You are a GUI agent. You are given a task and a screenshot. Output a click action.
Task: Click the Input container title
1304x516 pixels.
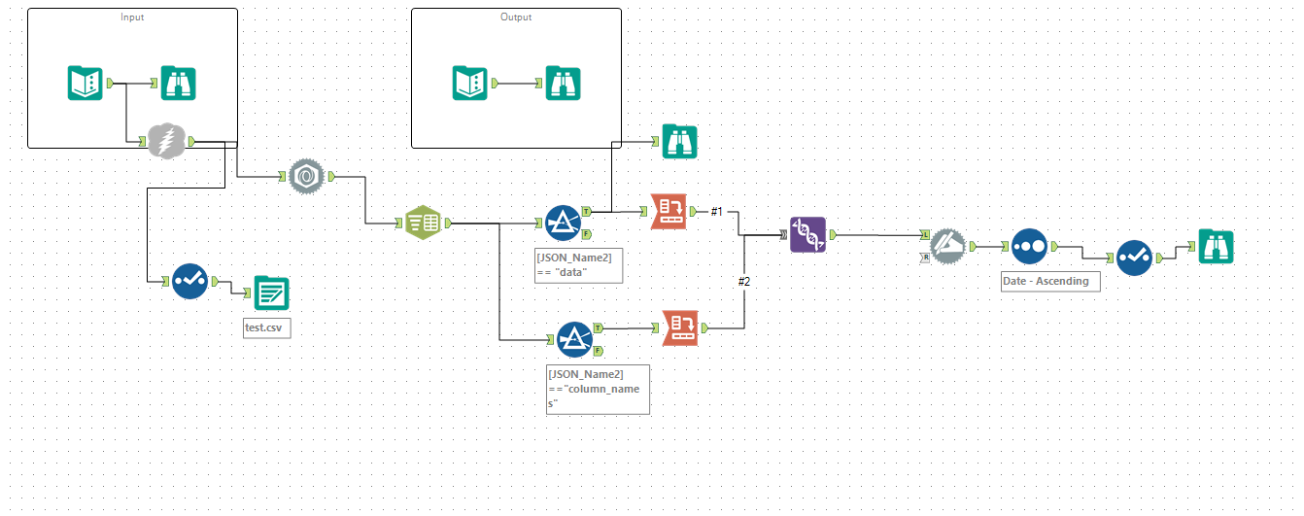click(x=132, y=17)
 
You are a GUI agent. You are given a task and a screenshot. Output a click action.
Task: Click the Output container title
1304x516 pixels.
click(x=516, y=17)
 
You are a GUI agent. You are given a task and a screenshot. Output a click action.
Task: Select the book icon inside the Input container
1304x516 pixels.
click(x=86, y=84)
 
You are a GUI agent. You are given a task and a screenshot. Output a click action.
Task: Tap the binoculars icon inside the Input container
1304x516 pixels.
click(x=178, y=84)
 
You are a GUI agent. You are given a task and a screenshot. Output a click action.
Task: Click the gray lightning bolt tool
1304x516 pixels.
click(x=165, y=142)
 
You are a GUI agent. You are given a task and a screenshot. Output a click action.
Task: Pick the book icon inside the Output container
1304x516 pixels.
click(x=469, y=84)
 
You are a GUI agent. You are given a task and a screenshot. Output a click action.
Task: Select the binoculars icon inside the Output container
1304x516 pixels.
click(x=562, y=84)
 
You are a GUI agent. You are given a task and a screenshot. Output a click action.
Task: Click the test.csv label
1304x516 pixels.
click(x=266, y=327)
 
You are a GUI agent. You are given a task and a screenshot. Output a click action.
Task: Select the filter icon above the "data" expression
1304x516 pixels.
click(x=563, y=223)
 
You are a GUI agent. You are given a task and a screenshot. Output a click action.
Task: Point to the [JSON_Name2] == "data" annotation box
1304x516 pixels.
click(x=579, y=265)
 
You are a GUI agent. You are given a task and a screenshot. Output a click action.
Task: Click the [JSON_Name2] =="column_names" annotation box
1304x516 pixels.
click(x=598, y=389)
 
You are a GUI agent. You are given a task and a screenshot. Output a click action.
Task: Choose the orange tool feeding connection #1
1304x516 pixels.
click(x=668, y=212)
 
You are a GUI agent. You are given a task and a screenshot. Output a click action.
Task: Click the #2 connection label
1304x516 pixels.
click(x=744, y=281)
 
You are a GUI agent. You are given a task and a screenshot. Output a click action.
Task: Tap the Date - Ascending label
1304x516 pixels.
click(x=1050, y=281)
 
